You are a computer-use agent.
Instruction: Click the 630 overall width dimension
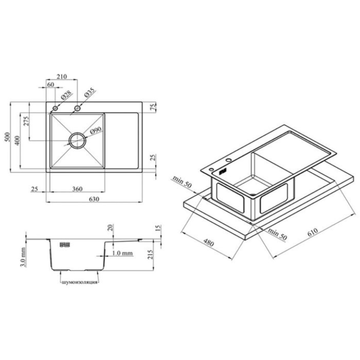94,199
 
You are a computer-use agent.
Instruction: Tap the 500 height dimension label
8,137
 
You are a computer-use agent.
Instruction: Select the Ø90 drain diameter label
96,130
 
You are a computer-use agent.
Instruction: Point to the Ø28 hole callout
66,95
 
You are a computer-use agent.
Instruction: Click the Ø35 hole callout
89,92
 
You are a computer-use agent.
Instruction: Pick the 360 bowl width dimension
77,189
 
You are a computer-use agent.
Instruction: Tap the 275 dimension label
27,121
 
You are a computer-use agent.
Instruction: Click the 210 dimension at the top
62,76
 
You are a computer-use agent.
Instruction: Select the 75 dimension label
153,106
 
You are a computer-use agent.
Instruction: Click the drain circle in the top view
78,132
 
